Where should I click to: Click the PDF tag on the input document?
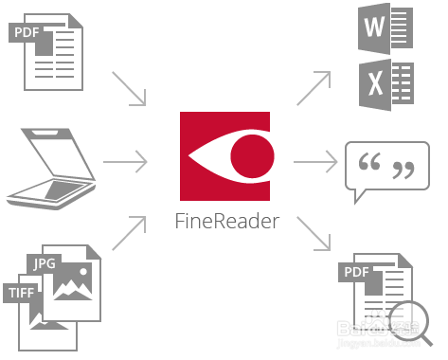27,34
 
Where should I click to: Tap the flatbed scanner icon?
51,166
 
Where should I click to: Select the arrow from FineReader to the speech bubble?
316,162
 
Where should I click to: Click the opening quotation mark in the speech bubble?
371,167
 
